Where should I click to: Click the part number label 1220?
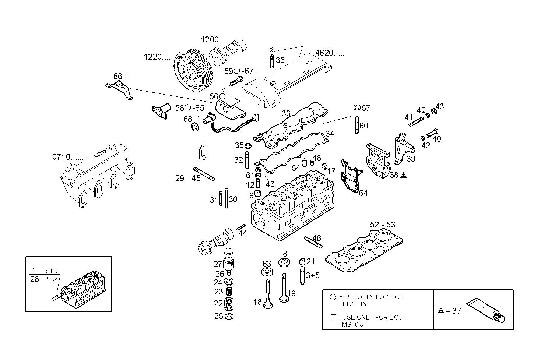(x=153, y=57)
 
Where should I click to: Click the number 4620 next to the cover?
(x=324, y=53)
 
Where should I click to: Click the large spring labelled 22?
(x=229, y=304)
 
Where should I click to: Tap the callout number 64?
(x=363, y=193)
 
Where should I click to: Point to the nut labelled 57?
(x=356, y=107)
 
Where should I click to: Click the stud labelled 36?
(x=272, y=61)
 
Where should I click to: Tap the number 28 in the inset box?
(x=35, y=279)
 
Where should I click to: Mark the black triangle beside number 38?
(x=403, y=175)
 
